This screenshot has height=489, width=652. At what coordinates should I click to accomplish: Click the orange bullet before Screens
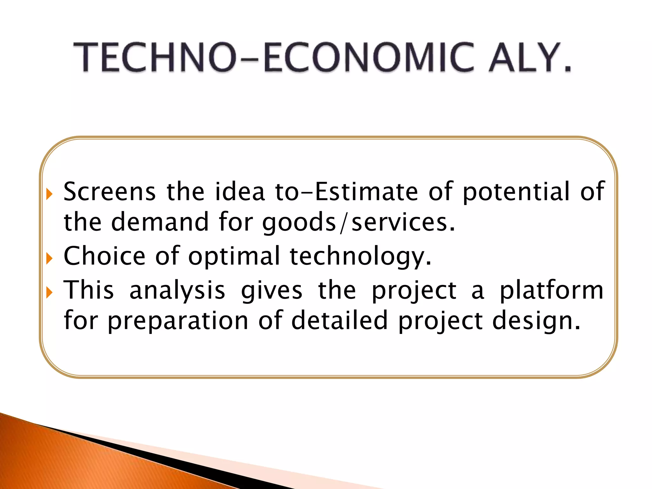point(49,194)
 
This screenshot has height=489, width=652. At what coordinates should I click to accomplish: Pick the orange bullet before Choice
point(49,258)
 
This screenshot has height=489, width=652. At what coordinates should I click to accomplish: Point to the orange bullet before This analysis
point(49,292)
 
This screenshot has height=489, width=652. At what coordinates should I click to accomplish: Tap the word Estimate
point(366,192)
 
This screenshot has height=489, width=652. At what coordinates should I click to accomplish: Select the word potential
point(516,192)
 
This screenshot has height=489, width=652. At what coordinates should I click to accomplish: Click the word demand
point(160,222)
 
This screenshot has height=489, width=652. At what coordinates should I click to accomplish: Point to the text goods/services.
point(359,223)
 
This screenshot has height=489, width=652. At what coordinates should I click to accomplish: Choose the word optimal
point(234,256)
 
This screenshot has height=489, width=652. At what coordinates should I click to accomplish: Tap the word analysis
point(177,291)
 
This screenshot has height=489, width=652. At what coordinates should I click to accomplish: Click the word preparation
point(178,321)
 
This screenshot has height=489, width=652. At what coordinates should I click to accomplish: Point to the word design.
point(536,321)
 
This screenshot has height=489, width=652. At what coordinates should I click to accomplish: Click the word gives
point(272,291)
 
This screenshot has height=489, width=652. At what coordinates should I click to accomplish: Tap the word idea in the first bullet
point(240,192)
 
